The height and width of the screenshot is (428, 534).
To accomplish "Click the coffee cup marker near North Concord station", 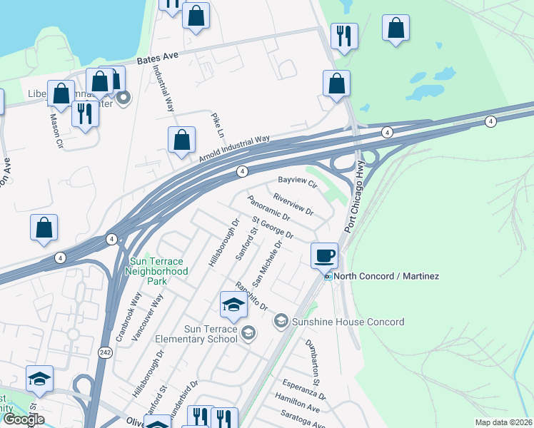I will (325, 254).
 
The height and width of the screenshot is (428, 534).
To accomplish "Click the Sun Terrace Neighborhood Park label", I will (156, 271).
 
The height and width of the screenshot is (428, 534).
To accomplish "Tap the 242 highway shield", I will (105, 352).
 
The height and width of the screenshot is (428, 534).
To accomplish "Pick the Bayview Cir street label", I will (297, 182).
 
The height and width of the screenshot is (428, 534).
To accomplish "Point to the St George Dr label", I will (273, 228).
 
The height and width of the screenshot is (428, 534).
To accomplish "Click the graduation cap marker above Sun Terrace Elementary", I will (233, 305).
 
